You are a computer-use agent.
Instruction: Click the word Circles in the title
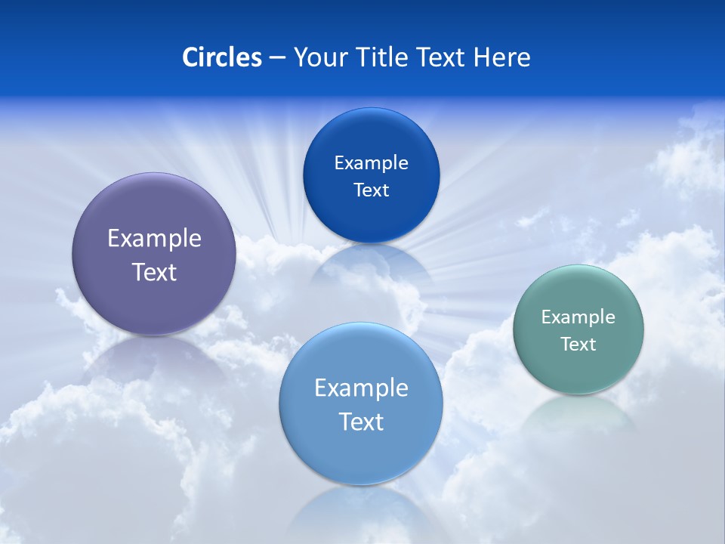tap(221, 57)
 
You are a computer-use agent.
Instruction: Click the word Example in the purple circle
tap(154, 239)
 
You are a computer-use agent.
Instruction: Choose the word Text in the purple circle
tap(154, 272)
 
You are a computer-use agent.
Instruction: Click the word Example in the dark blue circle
tap(371, 163)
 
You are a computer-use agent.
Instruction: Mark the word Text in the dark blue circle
tap(371, 190)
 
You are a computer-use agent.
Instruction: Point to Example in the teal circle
tap(578, 317)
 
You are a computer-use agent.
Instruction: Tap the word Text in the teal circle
tap(578, 345)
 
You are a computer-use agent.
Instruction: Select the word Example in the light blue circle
tap(361, 388)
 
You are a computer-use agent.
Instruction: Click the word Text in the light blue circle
tap(361, 422)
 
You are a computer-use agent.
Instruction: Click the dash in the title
tap(277, 58)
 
